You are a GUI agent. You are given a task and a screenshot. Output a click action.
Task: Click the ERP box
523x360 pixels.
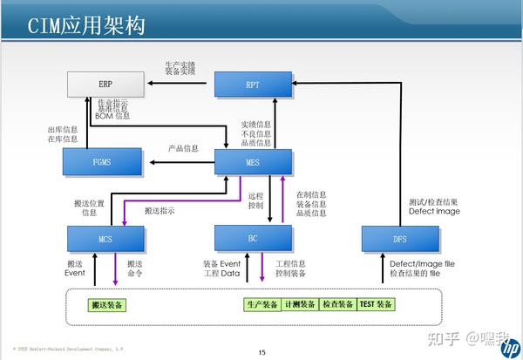click(x=105, y=85)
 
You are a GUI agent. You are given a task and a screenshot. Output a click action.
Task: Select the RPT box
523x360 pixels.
click(x=253, y=85)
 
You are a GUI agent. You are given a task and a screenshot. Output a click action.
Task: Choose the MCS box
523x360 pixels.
click(x=105, y=237)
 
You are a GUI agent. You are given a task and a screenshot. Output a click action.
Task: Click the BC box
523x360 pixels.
click(x=253, y=237)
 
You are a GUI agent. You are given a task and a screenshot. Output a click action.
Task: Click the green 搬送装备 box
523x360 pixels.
click(x=108, y=304)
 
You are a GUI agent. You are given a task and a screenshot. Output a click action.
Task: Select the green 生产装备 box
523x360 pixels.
click(x=261, y=304)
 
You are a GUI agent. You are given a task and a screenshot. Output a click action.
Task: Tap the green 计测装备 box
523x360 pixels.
click(x=299, y=304)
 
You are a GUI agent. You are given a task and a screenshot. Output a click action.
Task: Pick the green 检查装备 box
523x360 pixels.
click(x=337, y=304)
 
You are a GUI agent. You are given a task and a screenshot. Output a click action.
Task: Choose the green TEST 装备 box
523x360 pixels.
click(x=377, y=304)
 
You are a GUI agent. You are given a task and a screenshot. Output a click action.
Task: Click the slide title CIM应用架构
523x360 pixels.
click(x=86, y=25)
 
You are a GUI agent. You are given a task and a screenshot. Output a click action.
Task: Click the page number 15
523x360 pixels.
click(x=261, y=352)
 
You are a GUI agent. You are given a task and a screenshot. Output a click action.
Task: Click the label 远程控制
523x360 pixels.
click(x=255, y=201)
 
